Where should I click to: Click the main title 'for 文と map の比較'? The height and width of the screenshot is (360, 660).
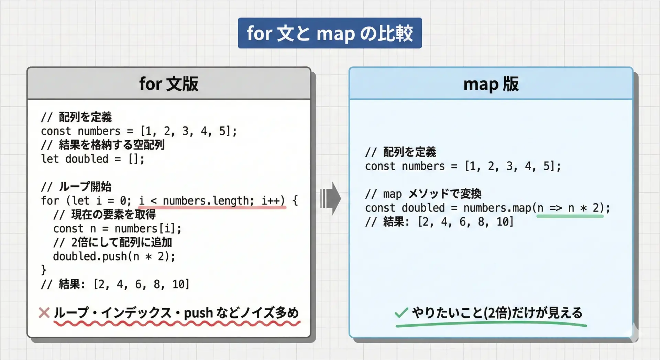(330, 33)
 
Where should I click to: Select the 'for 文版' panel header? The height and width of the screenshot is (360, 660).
(169, 84)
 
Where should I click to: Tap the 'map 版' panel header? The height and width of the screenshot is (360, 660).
(491, 84)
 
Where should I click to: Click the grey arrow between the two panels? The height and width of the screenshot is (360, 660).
(330, 198)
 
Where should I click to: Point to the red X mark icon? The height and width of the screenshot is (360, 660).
(44, 313)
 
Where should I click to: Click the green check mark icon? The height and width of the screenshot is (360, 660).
(401, 312)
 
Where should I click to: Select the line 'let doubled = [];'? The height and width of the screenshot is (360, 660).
(93, 159)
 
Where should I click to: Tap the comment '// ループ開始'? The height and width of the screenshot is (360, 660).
(76, 187)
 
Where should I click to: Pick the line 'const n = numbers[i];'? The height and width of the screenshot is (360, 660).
(117, 228)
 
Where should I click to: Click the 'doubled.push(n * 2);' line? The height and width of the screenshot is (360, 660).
(114, 256)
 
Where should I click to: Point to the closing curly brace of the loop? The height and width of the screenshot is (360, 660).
(44, 270)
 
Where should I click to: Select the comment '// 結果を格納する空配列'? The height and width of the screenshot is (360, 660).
(103, 145)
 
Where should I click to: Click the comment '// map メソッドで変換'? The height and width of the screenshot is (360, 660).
(423, 194)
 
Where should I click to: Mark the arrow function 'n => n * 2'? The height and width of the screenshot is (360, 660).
(569, 208)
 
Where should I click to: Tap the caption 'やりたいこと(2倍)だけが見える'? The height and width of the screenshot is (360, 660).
(497, 313)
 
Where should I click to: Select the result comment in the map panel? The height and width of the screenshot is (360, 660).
(439, 222)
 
